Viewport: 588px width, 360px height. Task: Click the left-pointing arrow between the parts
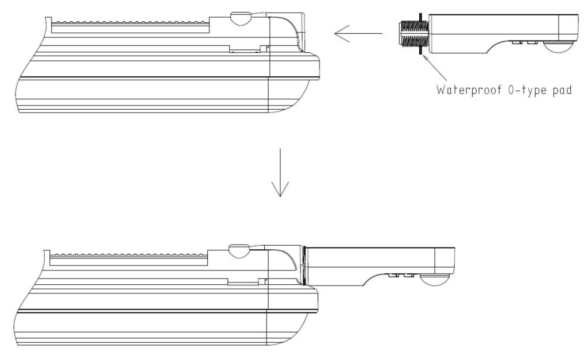(358, 33)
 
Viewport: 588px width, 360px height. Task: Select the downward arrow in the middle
(280, 172)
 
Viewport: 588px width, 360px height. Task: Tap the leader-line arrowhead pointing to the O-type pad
(425, 59)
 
